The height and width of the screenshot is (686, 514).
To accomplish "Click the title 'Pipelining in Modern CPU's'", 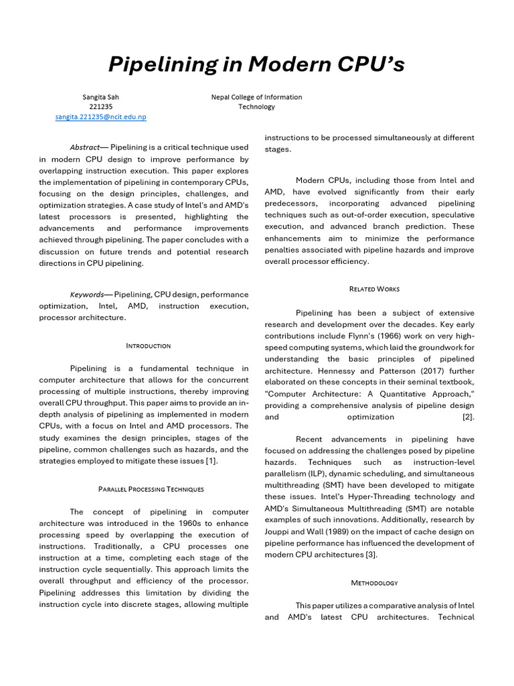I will pos(257,65).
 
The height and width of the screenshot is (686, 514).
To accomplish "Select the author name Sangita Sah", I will pos(100,96).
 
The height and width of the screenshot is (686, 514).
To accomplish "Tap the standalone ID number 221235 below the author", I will pos(100,107).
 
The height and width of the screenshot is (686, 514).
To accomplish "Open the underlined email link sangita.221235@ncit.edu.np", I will pos(100,117).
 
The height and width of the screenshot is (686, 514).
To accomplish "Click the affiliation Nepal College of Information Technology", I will pos(256,101).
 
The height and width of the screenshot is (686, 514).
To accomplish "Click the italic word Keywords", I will pos(87,294).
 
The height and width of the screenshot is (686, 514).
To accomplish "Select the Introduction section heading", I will pos(148,346).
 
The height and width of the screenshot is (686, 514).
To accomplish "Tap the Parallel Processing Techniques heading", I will pos(151,489).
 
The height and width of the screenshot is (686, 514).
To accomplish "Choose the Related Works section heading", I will pos(374,289).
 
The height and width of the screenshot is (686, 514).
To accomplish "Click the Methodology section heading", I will pos(374,583).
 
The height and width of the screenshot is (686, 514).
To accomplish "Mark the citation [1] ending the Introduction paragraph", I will pos(211,462).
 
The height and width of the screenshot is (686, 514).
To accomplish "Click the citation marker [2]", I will pos(468,417).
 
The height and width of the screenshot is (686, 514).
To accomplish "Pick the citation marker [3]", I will pos(371,555).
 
